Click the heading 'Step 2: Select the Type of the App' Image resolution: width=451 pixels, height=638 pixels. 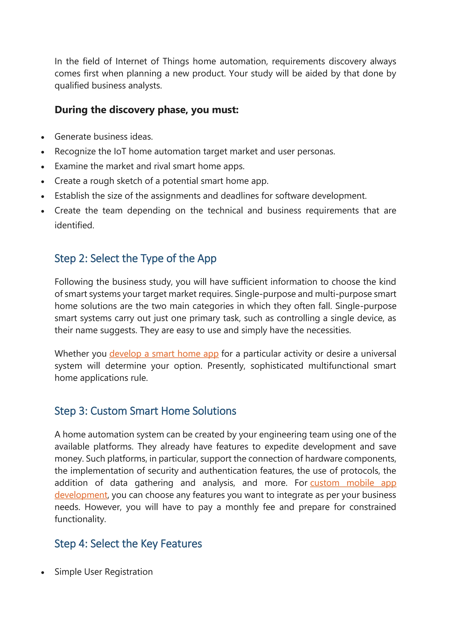tap(135, 258)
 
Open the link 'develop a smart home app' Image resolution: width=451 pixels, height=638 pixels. tap(164, 354)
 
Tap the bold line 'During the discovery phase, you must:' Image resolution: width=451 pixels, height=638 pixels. tap(146, 110)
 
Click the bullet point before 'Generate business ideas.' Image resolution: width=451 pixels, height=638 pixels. tap(43, 137)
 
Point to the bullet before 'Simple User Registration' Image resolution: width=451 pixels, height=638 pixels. tap(43, 572)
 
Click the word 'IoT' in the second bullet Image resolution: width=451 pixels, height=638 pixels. tap(120, 151)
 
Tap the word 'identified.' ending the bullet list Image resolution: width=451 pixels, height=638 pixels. tap(74, 225)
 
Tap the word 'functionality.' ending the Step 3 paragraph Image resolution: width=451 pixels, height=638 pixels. tap(80, 519)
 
